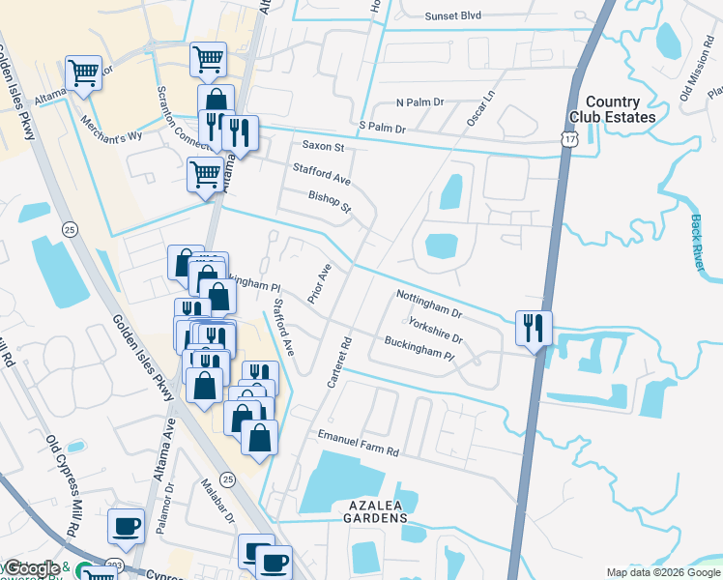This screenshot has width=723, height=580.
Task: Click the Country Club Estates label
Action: tap(620, 109)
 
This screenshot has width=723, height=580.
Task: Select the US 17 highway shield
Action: tap(567, 141)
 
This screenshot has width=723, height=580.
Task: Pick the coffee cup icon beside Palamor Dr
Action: tap(126, 526)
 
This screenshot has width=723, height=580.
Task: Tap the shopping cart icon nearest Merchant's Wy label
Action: tap(84, 72)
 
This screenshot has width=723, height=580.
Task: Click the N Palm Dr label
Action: tap(419, 101)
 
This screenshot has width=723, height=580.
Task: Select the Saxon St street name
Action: tap(323, 147)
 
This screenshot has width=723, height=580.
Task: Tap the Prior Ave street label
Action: tap(319, 283)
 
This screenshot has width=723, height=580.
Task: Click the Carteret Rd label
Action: tap(339, 363)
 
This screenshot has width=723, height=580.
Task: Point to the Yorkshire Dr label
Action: tap(435, 331)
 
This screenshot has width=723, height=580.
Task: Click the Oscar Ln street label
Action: tap(480, 107)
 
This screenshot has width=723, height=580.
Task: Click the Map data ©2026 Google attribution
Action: tap(662, 572)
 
